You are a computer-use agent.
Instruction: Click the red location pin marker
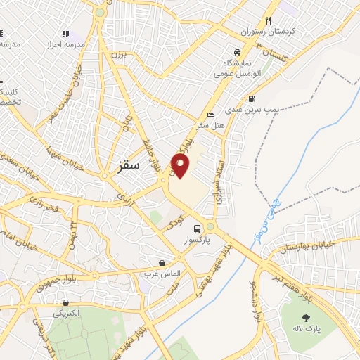[x=181, y=165]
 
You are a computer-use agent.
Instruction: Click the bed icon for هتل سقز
[x=210, y=115]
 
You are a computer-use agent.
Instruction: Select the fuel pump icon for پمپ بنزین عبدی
[x=252, y=99]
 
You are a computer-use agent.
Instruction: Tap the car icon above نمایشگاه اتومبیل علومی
[x=238, y=53]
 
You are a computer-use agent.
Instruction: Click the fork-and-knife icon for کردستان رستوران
[x=268, y=21]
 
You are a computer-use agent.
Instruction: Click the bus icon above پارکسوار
[x=198, y=228]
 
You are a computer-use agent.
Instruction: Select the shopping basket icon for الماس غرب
[x=162, y=263]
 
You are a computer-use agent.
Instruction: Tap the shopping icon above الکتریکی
[x=65, y=303]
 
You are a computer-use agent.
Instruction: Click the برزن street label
[x=120, y=55]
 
